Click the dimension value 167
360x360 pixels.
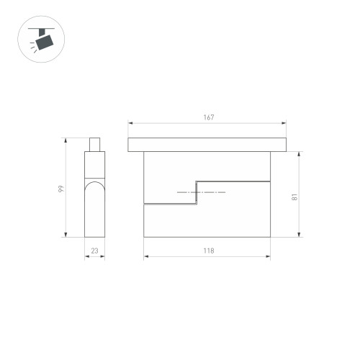coord(209,117)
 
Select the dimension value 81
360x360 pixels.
coord(295,195)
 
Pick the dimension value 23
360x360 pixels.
coord(95,251)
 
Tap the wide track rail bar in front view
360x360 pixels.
coord(208,145)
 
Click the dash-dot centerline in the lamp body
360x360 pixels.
coord(201,193)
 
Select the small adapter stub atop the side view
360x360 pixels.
coord(94,145)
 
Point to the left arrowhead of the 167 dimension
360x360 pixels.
coord(130,123)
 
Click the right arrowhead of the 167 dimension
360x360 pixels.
coord(286,123)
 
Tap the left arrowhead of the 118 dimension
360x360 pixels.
coord(146,256)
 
